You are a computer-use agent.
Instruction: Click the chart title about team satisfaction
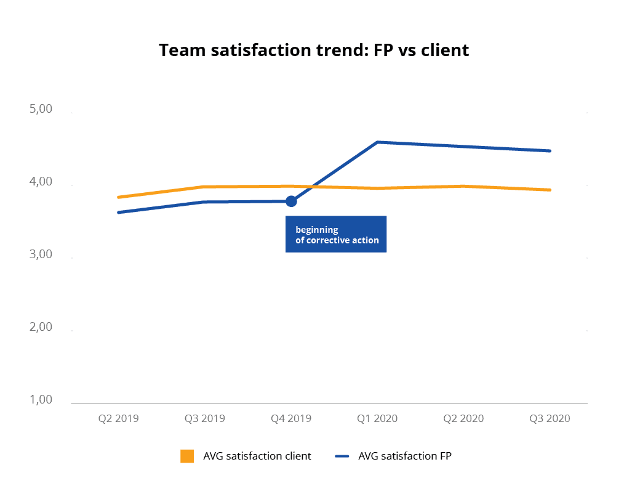[314, 50]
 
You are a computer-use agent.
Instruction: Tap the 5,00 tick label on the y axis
[41, 110]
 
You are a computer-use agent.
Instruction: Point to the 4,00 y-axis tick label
[41, 182]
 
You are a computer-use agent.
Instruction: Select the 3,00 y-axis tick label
[41, 254]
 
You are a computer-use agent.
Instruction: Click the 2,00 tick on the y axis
[41, 327]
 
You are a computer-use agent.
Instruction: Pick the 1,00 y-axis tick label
[41, 400]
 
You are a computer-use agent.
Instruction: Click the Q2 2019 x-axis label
[119, 418]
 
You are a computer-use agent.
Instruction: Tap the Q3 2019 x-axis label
[205, 418]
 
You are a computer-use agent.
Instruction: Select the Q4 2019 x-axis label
[291, 418]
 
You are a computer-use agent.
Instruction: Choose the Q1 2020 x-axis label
[377, 418]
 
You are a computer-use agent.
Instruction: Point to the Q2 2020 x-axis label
[463, 418]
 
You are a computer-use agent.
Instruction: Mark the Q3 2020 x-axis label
[550, 418]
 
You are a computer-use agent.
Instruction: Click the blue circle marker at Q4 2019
[291, 201]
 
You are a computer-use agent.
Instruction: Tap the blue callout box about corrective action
[336, 234]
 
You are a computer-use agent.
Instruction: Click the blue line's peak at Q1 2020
[377, 142]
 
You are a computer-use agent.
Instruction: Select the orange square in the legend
[187, 456]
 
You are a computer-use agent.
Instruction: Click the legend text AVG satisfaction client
[257, 456]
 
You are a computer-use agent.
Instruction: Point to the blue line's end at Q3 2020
[550, 150]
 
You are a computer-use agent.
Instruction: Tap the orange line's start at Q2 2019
[118, 197]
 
